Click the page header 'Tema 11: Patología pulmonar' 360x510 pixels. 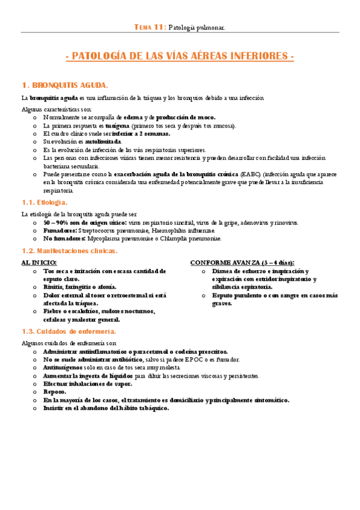pos(180,27)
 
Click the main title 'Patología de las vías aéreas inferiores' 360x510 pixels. pos(180,57)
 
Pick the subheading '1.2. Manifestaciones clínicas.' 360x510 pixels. pos(69,250)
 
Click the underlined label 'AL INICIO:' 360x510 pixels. pos(39,263)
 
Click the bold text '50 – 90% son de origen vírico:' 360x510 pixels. pos(85,223)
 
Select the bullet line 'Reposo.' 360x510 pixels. pos(55,392)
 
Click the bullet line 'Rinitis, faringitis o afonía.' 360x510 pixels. pos(80,287)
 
